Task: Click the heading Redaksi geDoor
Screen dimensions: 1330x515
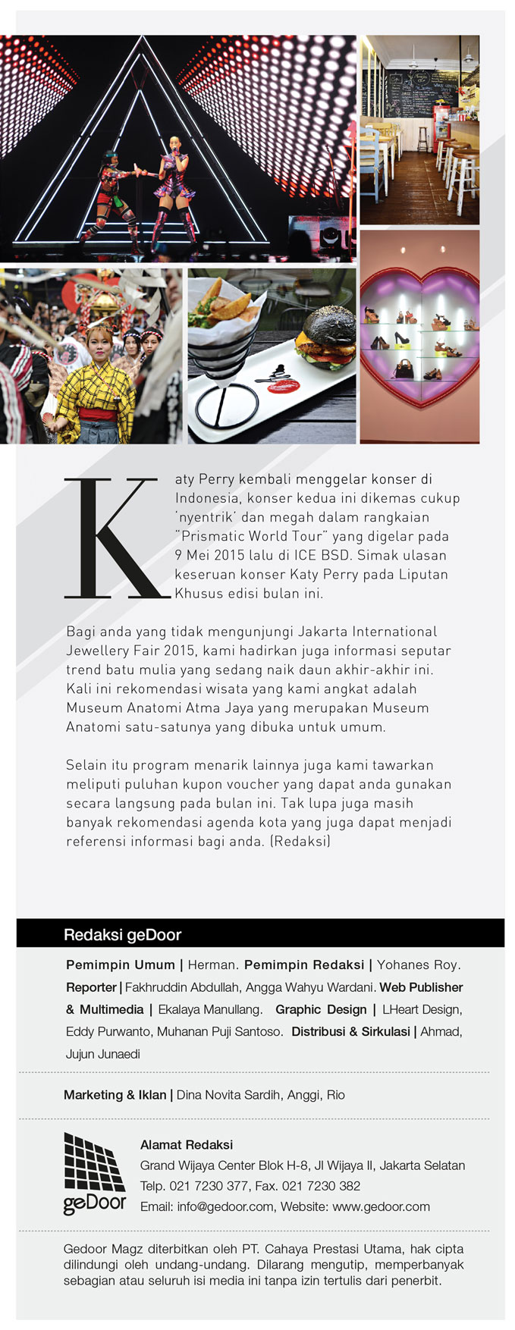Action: [x=122, y=934]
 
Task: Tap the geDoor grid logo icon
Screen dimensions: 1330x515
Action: [x=94, y=1161]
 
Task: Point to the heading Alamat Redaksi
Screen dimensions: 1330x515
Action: [x=187, y=1144]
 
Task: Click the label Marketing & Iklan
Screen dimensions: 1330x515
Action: [x=115, y=1094]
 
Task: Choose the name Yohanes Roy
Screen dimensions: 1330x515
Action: [x=418, y=965]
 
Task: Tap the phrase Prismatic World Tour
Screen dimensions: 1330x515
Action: [x=252, y=536]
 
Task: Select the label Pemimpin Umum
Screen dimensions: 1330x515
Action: [x=120, y=965]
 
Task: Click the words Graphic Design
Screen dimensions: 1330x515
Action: [x=321, y=1009]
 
